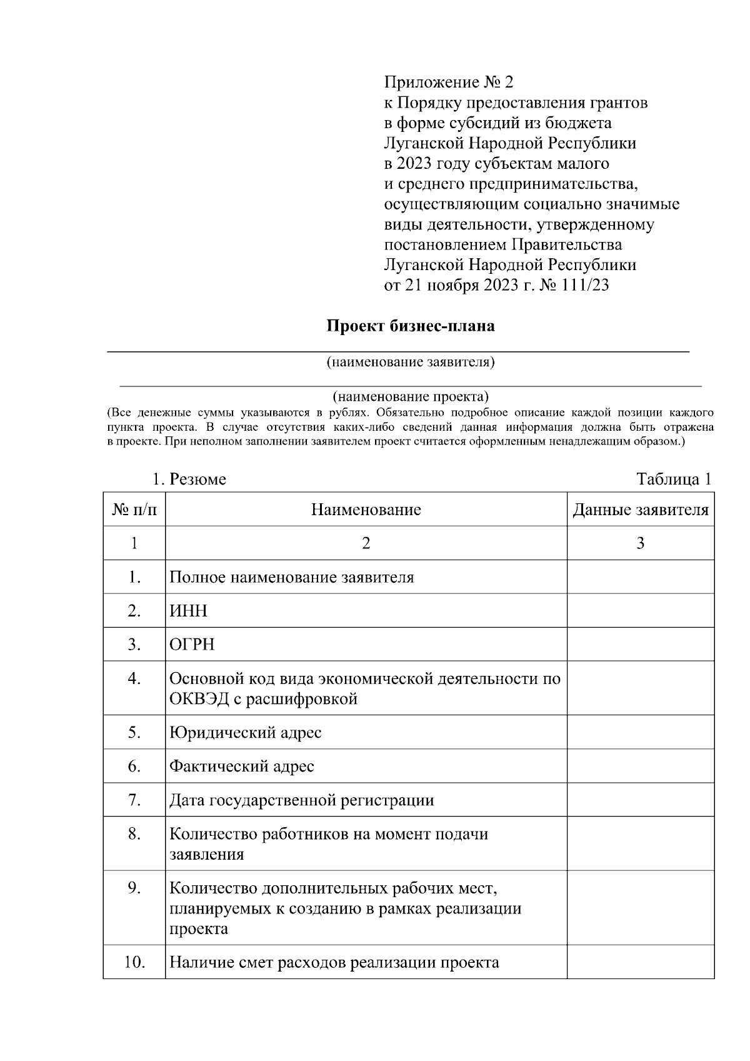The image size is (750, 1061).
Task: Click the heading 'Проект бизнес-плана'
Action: [x=411, y=326]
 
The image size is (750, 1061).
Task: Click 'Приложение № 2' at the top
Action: [x=448, y=82]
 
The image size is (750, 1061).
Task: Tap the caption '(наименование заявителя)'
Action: [x=411, y=362]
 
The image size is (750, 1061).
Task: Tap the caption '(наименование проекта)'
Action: [x=411, y=396]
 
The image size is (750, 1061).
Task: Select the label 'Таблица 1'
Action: [x=674, y=480]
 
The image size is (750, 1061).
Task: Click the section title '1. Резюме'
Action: [x=189, y=480]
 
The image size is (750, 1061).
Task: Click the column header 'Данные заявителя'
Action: [x=641, y=510]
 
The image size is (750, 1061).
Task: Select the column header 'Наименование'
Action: [x=366, y=510]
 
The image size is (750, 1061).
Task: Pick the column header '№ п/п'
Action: [x=134, y=510]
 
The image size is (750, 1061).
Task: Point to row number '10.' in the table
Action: [x=134, y=962]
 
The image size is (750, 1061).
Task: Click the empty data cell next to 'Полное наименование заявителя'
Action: [x=641, y=576]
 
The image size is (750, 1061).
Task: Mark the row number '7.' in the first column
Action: [x=134, y=800]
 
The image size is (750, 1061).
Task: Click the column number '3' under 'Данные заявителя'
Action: [x=641, y=543]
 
